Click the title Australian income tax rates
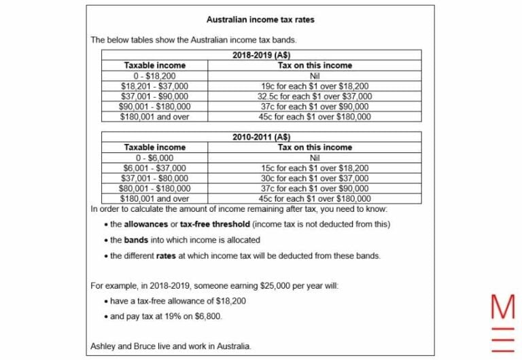point(260,20)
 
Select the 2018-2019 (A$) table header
point(261,56)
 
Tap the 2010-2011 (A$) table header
point(261,137)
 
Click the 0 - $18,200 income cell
point(154,76)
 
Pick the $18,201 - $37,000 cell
point(154,86)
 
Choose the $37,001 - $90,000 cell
point(154,96)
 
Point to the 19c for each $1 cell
point(315,86)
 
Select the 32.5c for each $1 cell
point(315,96)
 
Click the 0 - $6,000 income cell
point(154,158)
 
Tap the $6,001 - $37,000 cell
point(154,168)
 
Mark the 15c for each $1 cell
point(315,168)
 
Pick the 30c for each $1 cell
point(315,178)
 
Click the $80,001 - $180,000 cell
point(154,188)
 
